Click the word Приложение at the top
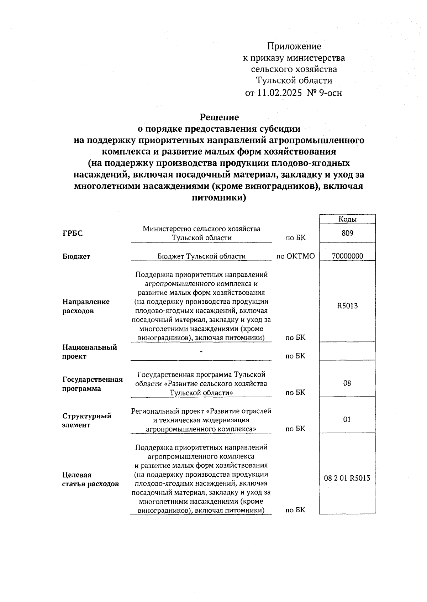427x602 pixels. (x=294, y=46)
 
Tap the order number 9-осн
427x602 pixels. (x=331, y=93)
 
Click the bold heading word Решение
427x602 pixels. (x=219, y=117)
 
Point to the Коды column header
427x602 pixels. (x=347, y=219)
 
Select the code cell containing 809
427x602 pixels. (x=347, y=233)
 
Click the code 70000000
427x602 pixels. (x=347, y=256)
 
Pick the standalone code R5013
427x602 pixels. (x=347, y=306)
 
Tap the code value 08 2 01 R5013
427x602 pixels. (x=347, y=478)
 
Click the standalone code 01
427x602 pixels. (x=347, y=420)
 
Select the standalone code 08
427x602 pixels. (x=347, y=383)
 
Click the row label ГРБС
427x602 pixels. (x=73, y=234)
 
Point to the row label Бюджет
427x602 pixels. (x=76, y=256)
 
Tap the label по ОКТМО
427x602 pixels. (x=296, y=256)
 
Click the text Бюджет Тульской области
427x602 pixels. (x=201, y=256)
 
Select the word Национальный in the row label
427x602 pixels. (x=90, y=347)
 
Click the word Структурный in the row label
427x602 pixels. (x=87, y=416)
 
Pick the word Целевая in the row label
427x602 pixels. (x=77, y=475)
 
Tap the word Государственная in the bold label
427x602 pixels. (x=93, y=379)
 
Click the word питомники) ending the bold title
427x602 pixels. (x=219, y=198)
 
